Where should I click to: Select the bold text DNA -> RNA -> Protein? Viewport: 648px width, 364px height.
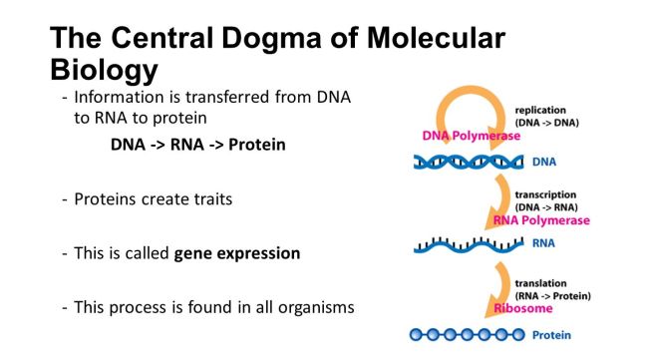pos(197,145)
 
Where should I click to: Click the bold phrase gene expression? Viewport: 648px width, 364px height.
pos(236,252)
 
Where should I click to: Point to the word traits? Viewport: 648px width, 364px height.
pos(209,199)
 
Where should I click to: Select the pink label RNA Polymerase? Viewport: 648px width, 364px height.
pos(542,220)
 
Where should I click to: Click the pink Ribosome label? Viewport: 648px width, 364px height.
pos(523,308)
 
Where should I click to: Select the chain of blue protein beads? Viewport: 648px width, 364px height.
pos(467,335)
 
